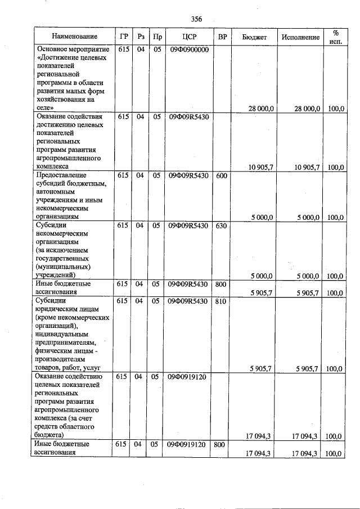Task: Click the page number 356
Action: click(x=196, y=19)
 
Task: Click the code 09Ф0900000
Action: click(x=188, y=50)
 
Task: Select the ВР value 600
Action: click(x=222, y=175)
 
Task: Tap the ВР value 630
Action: click(x=222, y=226)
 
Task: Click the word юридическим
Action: click(x=58, y=309)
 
